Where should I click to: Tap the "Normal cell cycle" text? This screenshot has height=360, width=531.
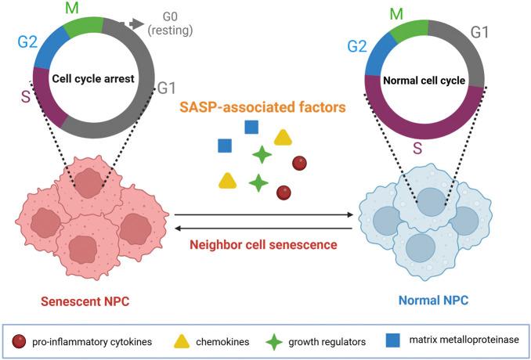(424, 80)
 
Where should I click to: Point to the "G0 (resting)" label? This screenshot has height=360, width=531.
(169, 23)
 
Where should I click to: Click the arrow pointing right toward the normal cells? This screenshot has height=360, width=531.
(345, 214)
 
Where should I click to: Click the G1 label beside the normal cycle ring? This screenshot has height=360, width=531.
(480, 32)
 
